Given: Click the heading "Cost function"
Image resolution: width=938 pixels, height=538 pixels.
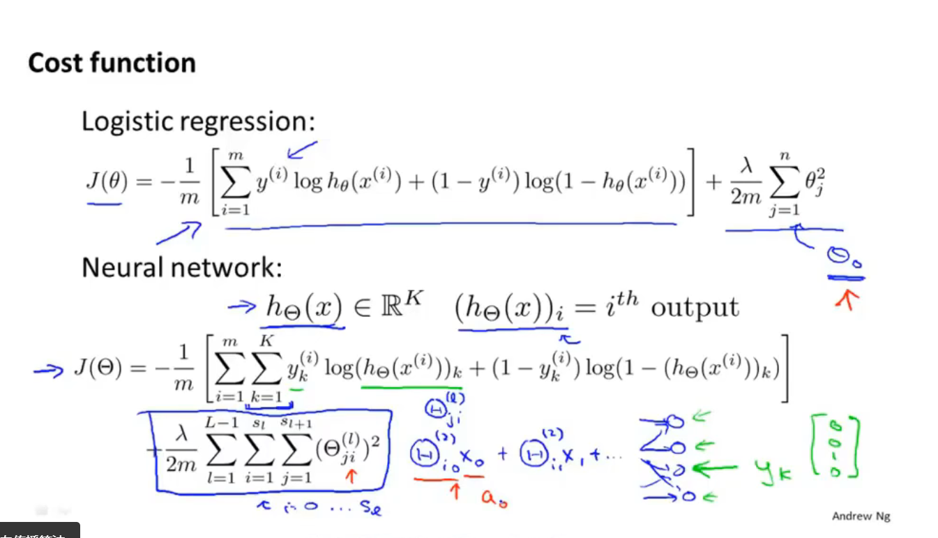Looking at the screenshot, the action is pyautogui.click(x=112, y=63).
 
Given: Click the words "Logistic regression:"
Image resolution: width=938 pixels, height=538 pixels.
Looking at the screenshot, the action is pyautogui.click(x=199, y=121).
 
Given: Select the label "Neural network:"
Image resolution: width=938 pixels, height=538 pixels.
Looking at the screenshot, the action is pyautogui.click(x=182, y=267).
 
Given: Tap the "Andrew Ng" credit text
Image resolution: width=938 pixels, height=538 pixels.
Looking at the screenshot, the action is pyautogui.click(x=861, y=516).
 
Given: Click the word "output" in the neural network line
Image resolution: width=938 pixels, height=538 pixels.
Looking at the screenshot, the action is pyautogui.click(x=695, y=307).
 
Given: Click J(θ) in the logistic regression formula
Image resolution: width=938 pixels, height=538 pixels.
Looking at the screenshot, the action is pyautogui.click(x=104, y=184).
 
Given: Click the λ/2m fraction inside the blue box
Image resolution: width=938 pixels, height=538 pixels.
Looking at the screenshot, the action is pyautogui.click(x=181, y=451).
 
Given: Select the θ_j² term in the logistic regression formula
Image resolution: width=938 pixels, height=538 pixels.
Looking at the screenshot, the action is pyautogui.click(x=815, y=184).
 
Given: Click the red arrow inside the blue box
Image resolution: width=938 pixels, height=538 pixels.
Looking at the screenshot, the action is pyautogui.click(x=350, y=477).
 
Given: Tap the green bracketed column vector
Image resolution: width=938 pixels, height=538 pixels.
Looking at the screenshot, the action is pyautogui.click(x=835, y=448).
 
